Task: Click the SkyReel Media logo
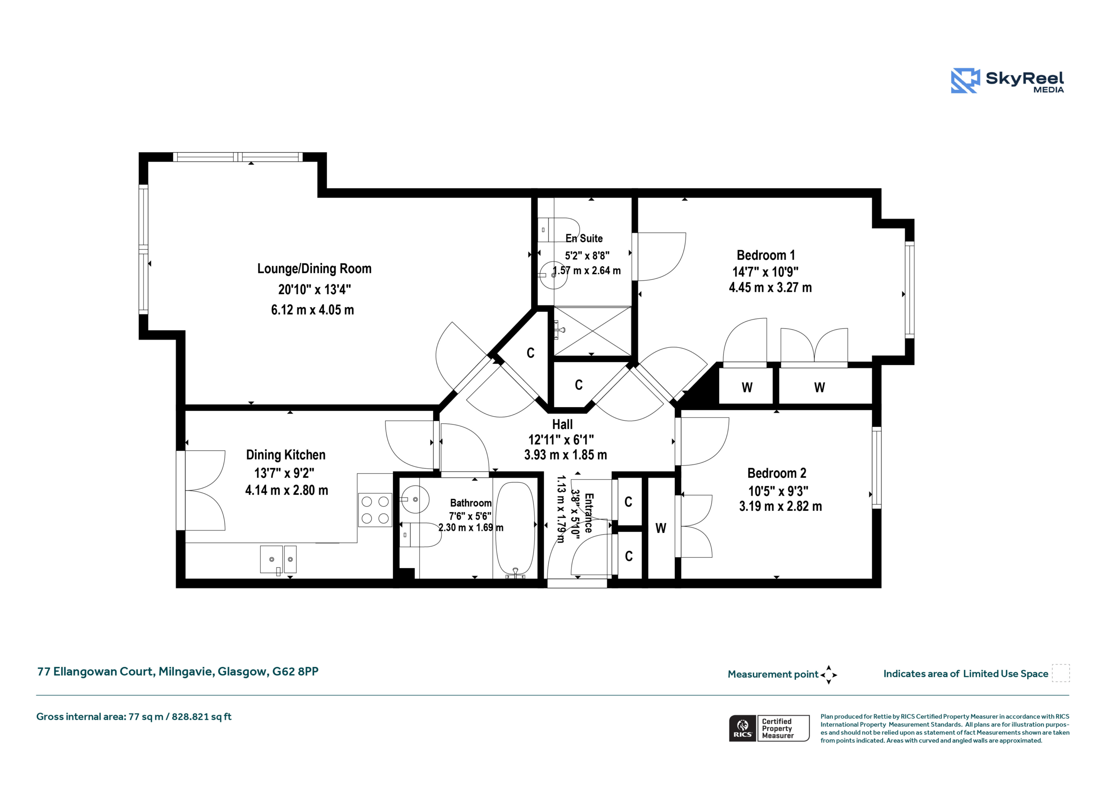(x=1007, y=80)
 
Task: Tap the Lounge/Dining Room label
(x=314, y=269)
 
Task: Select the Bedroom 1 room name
(x=765, y=255)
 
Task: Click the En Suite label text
(x=584, y=239)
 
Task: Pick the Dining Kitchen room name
(x=286, y=455)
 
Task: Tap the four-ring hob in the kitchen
(x=375, y=510)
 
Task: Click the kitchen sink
(x=278, y=559)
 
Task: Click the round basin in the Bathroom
(x=415, y=499)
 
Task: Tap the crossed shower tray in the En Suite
(x=593, y=331)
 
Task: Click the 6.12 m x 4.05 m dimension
(x=312, y=310)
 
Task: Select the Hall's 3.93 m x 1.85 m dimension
(x=566, y=455)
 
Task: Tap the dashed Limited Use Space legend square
(x=1061, y=673)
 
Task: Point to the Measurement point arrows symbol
(x=829, y=675)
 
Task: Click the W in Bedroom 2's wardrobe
(x=661, y=528)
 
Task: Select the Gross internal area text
(x=134, y=717)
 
